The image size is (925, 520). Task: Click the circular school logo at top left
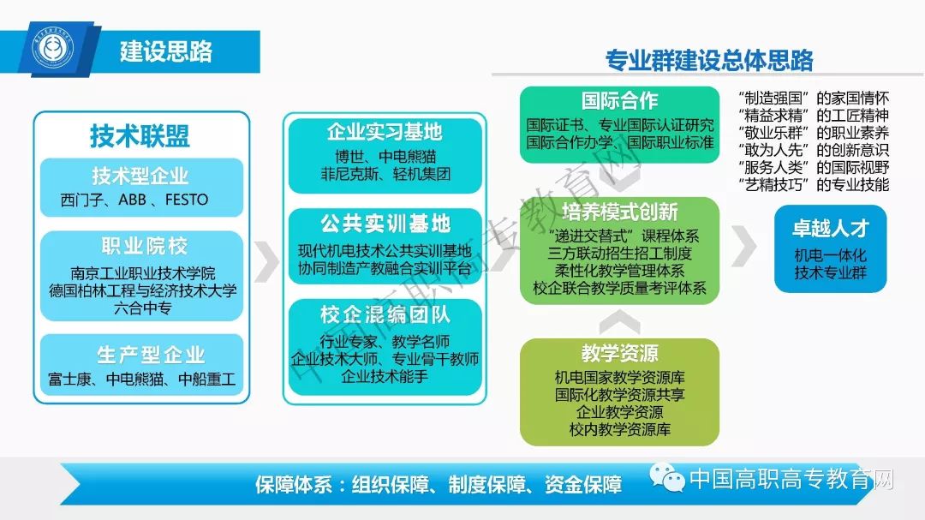[x=53, y=47]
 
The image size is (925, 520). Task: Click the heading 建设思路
[x=166, y=51]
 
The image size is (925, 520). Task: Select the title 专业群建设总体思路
[x=709, y=60]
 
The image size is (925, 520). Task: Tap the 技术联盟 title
[x=140, y=135]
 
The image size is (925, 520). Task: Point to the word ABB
[x=132, y=200]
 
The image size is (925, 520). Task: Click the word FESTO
[x=187, y=200]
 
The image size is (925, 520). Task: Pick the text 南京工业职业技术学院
[x=143, y=273]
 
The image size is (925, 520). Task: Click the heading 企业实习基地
[x=384, y=132]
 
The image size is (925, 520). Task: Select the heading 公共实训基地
[x=385, y=223]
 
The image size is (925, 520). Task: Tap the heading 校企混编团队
[x=385, y=314]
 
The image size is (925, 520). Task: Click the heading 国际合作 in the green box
[x=619, y=100]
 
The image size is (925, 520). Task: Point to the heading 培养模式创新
[x=619, y=212]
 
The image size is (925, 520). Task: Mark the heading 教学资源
[x=619, y=353]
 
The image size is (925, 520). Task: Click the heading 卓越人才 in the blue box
[x=831, y=228]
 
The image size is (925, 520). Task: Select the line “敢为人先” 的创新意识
[x=814, y=150]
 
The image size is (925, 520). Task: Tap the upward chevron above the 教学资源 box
[x=619, y=320]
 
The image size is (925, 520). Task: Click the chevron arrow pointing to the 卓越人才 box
[x=744, y=245]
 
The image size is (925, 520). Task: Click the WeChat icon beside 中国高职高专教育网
[x=666, y=477]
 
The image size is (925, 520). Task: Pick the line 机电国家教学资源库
[x=619, y=377]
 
